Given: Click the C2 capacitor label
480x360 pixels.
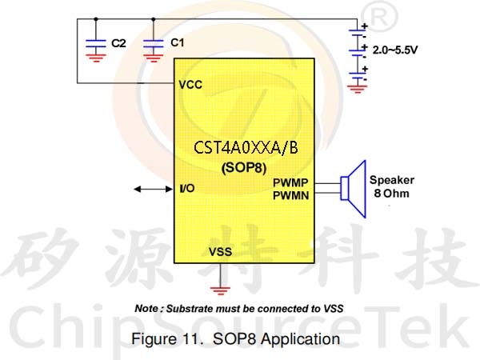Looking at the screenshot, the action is pos(118,43).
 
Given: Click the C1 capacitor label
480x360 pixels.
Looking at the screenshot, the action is pos(178,42).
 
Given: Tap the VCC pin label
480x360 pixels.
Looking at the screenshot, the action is pos(190,85).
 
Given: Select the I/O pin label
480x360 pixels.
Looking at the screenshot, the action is pos(187,188).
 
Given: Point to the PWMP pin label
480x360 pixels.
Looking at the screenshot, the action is pos(290,182).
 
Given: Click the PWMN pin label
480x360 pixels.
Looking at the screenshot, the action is pos(291,195).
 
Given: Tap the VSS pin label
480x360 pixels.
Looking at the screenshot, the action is pos(221,252).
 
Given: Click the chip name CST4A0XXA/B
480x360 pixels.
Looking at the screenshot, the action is pos(246,147).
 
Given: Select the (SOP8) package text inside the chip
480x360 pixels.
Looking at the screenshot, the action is pos(244,167).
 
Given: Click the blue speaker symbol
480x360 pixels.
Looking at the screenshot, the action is pos(354,189).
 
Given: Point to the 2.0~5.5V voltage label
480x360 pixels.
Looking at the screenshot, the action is pos(395,50).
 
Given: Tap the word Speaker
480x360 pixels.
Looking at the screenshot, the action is pos(392,180).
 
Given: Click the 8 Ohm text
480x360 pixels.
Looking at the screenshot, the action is pos(391,194).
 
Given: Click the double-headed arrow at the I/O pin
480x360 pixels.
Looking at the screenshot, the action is pos(154,189).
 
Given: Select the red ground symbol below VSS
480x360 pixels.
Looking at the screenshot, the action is pos(220,290).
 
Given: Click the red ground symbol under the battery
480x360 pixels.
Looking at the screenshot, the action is pos(357,89).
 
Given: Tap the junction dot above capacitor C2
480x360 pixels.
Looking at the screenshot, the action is pos(96,19).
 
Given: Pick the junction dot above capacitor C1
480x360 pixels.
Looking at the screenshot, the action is pos(154,19).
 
